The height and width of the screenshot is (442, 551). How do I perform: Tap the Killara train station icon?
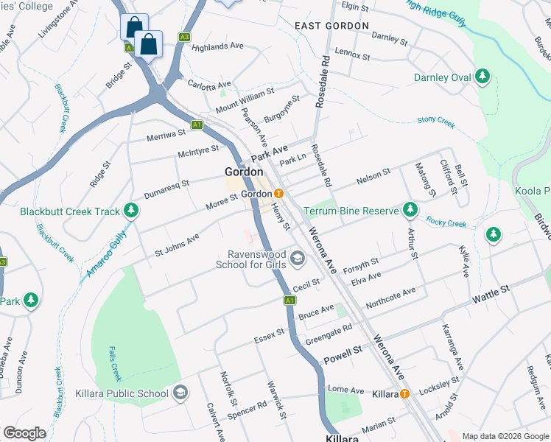[x=405, y=393]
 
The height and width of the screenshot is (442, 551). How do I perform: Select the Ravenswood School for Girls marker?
[x=298, y=258]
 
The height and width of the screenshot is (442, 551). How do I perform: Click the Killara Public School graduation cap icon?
[x=180, y=393]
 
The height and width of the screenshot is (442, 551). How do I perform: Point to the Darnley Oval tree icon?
[x=482, y=76]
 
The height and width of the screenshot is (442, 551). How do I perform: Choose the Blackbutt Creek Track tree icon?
[x=131, y=211]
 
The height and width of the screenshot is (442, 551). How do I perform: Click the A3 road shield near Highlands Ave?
[x=184, y=37]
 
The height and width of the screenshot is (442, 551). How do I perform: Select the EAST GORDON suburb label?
[x=331, y=26]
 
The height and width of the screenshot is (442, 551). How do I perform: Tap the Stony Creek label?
[x=436, y=120]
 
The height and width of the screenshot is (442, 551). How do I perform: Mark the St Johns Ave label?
[x=177, y=245]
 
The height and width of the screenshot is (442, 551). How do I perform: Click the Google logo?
[x=24, y=433]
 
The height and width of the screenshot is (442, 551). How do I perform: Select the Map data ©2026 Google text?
[x=505, y=436]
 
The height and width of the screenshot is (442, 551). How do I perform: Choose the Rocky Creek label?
[x=446, y=222]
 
